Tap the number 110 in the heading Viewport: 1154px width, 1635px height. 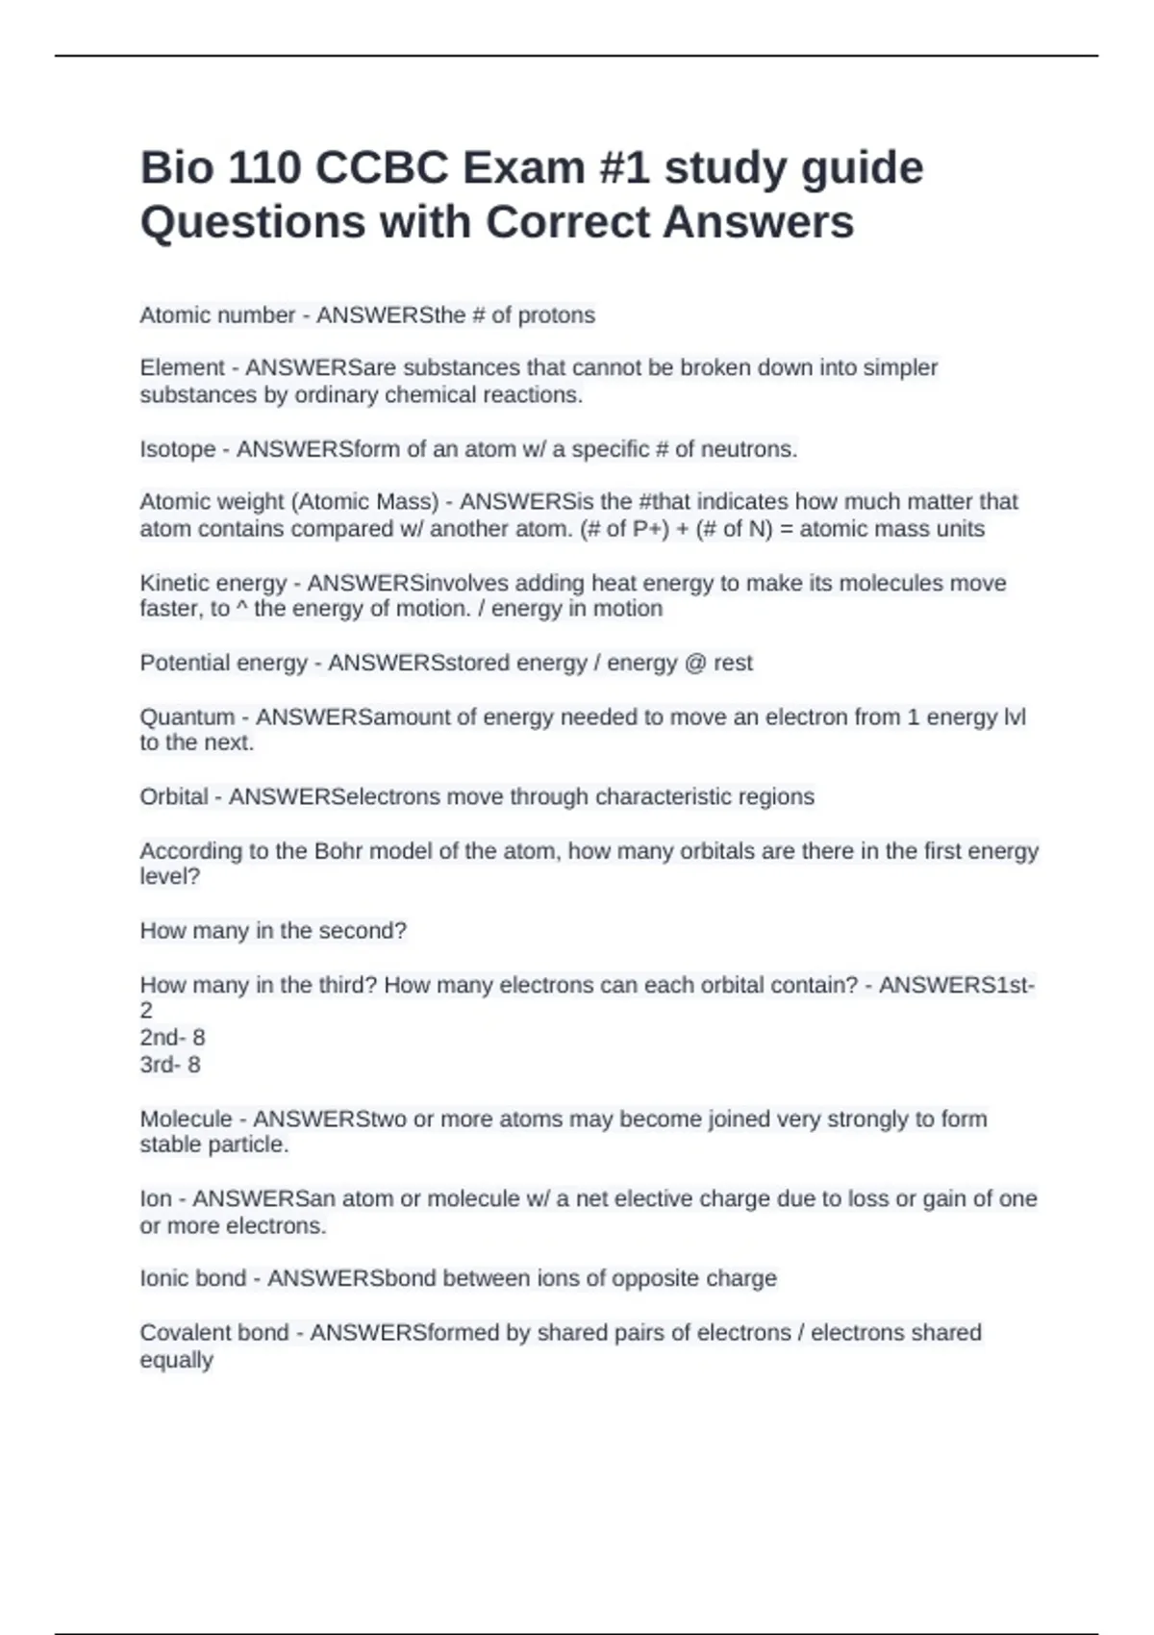264,168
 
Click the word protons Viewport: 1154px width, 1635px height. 557,315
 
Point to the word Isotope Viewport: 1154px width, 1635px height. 178,449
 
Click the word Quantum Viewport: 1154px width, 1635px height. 188,717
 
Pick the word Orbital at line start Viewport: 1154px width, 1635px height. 174,796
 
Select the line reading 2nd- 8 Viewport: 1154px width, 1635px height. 173,1038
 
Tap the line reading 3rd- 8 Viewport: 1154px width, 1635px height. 170,1065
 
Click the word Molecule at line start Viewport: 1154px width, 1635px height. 187,1119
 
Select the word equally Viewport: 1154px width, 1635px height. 177,1360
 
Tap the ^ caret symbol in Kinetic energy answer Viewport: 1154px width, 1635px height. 241,609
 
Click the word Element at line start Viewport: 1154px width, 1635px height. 183,367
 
